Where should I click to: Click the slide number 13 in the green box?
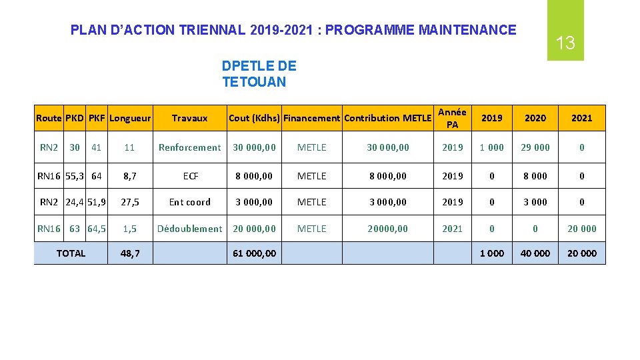tap(565, 44)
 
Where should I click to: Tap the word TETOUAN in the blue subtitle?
tap(254, 82)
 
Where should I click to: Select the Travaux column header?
tap(189, 118)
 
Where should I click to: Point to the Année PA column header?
tap(452, 118)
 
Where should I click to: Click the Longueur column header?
tap(130, 118)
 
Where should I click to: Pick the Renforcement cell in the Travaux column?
tap(189, 147)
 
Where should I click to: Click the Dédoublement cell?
tap(189, 229)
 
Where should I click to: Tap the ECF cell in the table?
tap(191, 176)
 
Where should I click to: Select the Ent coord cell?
tap(189, 202)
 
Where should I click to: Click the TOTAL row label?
tap(71, 253)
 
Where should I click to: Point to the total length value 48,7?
tap(130, 253)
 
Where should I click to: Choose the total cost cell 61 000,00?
tap(254, 253)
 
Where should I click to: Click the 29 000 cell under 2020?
tap(535, 147)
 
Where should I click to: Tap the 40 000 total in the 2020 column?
tap(535, 253)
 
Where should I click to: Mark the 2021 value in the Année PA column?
tap(452, 229)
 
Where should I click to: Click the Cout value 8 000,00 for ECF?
tap(254, 176)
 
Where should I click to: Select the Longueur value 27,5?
tap(130, 202)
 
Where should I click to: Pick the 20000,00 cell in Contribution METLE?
tap(388, 229)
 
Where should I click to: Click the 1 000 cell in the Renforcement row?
tap(492, 147)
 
